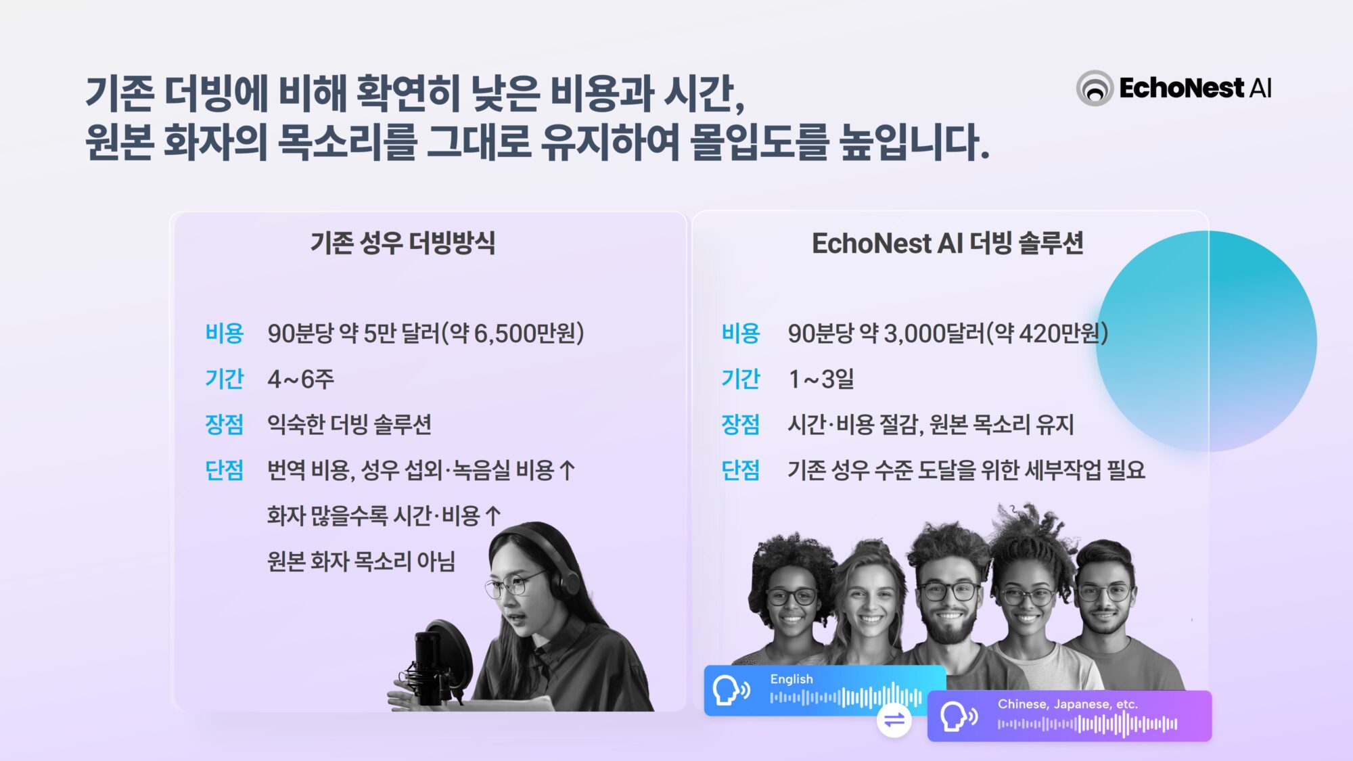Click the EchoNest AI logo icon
(1095, 88)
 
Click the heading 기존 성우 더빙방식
(403, 243)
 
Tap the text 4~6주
(300, 379)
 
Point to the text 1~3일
(821, 379)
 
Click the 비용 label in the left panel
(224, 333)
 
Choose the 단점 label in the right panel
(740, 470)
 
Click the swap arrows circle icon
(894, 720)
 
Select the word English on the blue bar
(792, 679)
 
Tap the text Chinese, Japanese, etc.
(1068, 704)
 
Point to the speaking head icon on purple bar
(957, 716)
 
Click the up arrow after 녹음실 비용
(568, 470)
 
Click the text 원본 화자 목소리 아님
(361, 561)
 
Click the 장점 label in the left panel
(224, 424)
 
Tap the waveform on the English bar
(846, 697)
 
